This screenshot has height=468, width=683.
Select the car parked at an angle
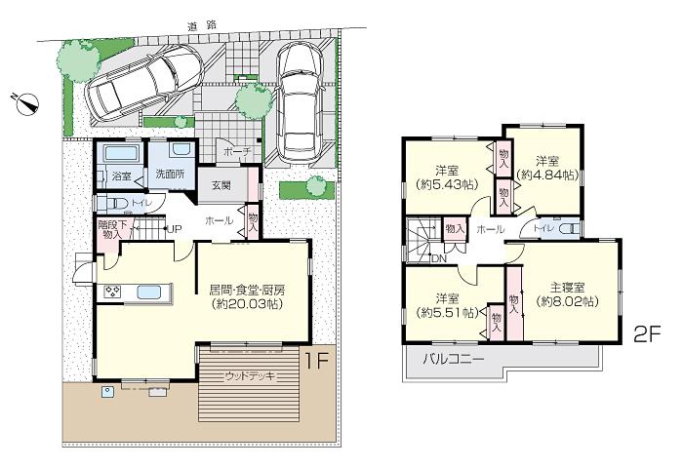(x=143, y=82)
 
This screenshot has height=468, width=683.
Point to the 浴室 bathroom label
(x=121, y=176)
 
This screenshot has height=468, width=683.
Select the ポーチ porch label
(x=237, y=153)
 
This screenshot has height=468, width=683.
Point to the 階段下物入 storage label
(x=112, y=229)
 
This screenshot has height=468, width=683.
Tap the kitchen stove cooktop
(x=111, y=292)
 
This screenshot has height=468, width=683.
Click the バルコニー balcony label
(x=454, y=359)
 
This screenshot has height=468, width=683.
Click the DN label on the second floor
(x=440, y=258)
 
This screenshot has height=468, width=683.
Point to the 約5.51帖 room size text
(x=447, y=313)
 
